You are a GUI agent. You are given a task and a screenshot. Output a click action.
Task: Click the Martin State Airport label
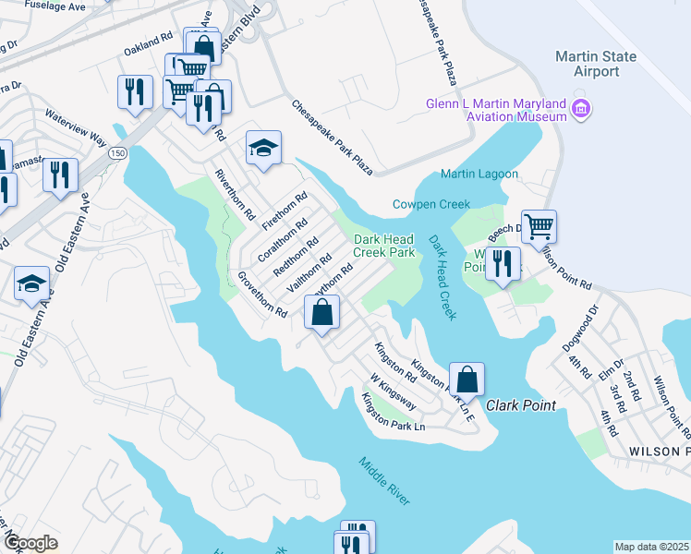(595, 64)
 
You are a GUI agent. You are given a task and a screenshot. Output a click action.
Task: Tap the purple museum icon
(581, 110)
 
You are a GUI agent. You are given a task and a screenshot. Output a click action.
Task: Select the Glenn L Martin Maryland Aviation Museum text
(496, 110)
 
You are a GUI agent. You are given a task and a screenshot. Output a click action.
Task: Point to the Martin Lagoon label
(479, 174)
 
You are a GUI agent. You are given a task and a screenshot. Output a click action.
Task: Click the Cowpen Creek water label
(430, 204)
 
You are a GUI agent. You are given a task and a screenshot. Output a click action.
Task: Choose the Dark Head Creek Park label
(384, 246)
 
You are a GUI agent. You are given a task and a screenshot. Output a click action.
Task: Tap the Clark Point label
(521, 405)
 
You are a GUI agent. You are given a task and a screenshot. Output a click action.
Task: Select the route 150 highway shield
(116, 153)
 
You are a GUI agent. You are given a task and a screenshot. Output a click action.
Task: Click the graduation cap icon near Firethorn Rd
(263, 148)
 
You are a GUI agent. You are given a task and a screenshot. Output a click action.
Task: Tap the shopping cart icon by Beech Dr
(539, 224)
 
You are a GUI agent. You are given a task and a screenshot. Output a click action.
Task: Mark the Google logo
(30, 543)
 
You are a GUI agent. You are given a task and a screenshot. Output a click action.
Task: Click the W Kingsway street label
(392, 390)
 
